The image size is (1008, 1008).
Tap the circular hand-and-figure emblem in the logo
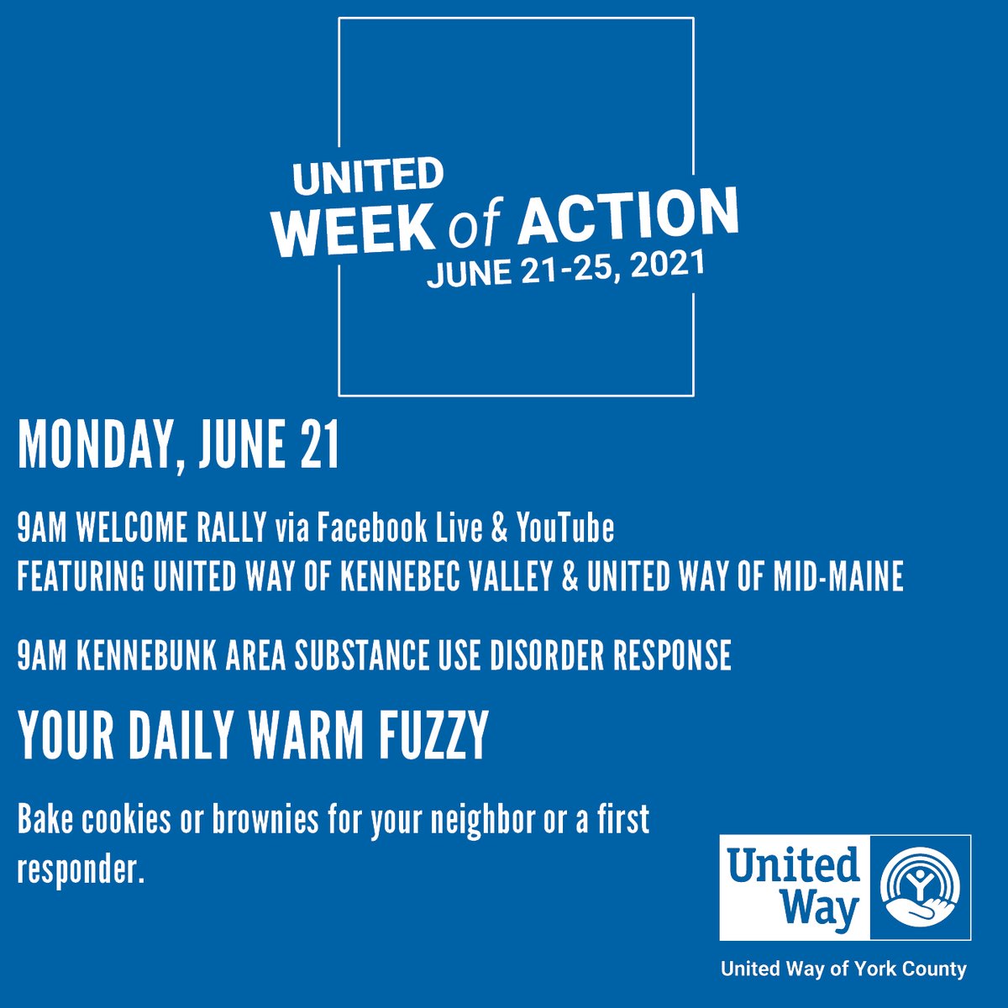coord(920,886)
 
